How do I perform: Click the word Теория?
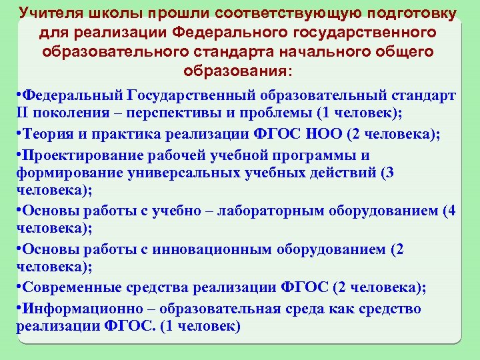44,134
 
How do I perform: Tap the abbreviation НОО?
322,134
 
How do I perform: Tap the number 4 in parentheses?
451,211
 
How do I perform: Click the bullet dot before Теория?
19,134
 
